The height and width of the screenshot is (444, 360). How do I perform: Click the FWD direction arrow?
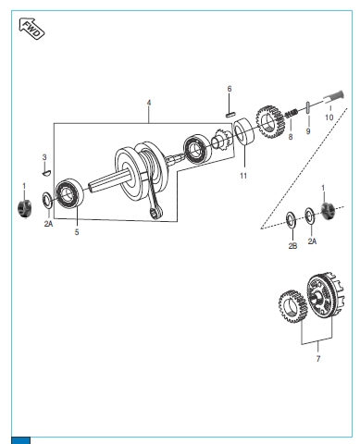(31, 29)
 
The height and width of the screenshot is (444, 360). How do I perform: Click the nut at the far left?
(24, 207)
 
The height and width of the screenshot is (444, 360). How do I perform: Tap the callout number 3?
(44, 157)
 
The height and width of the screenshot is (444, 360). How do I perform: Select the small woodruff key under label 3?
(46, 173)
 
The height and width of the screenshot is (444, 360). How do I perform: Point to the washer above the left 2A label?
(47, 200)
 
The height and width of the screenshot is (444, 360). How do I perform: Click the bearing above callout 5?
(69, 193)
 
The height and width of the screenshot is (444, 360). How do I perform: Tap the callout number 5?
(77, 232)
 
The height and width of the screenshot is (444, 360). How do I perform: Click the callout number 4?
(149, 103)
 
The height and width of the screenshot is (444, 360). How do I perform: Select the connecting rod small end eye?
(155, 213)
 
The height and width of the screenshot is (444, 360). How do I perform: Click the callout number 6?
(230, 89)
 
